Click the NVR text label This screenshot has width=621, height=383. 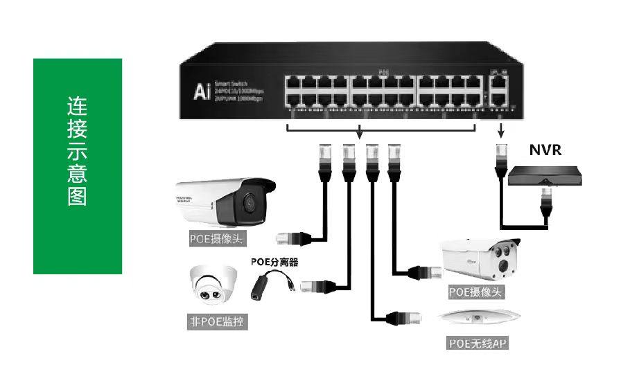tap(545, 150)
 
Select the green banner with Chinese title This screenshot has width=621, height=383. tap(78, 166)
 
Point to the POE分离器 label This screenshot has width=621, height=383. tap(274, 262)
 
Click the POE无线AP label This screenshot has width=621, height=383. tap(478, 343)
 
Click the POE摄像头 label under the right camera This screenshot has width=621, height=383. tap(476, 292)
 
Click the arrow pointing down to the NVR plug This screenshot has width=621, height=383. tap(500, 130)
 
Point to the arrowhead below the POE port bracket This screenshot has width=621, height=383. tap(359, 134)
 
